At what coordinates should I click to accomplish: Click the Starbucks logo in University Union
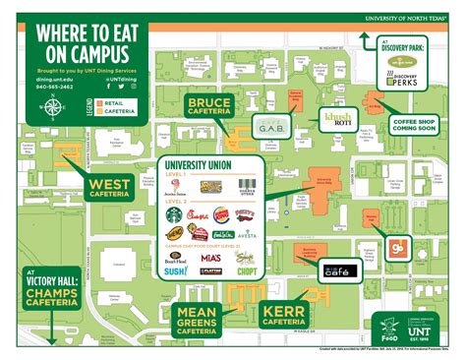173,211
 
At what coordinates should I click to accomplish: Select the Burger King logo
222,211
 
